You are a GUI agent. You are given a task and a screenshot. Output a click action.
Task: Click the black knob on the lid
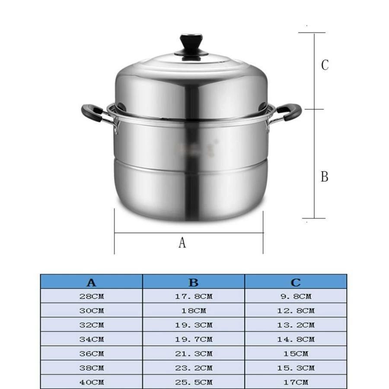(x=191, y=44)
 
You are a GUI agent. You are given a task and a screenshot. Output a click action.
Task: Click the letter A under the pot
(x=182, y=242)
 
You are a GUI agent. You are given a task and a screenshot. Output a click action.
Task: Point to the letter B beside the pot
(x=325, y=177)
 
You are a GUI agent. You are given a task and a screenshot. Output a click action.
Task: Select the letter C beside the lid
(x=325, y=65)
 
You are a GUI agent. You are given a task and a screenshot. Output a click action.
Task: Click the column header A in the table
(x=91, y=283)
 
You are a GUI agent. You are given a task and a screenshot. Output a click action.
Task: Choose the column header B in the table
(x=194, y=283)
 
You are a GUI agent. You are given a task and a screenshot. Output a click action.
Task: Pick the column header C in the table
(x=296, y=283)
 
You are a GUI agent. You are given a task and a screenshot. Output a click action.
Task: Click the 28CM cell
(x=92, y=297)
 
